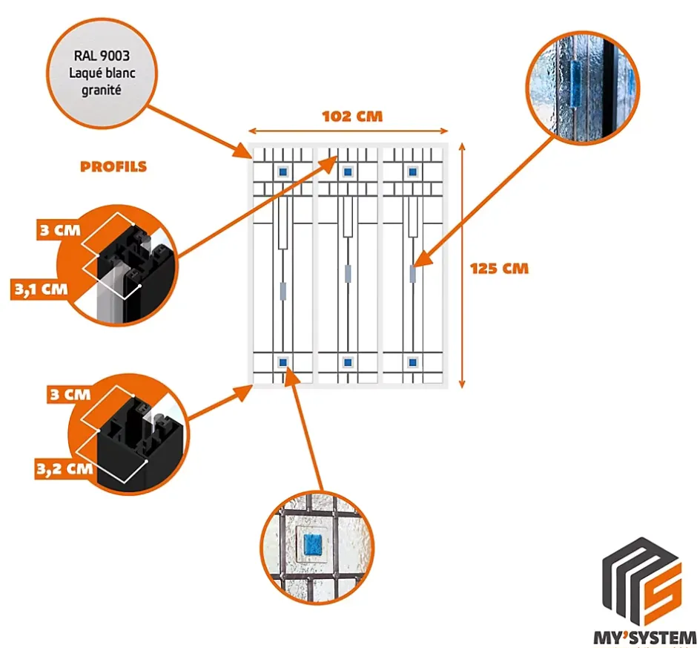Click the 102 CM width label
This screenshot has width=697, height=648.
coord(352,117)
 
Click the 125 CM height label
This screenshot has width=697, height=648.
coord(500,268)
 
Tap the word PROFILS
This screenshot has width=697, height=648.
coord(113,166)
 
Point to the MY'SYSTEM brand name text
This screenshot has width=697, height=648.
coord(648,636)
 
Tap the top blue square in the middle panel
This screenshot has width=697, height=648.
coord(347,172)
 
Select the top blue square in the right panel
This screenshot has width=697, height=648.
coord(412,172)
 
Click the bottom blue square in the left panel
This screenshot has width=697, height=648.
coord(283,362)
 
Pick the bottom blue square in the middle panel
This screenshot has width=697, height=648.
coord(347,362)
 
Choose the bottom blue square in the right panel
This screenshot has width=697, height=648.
coord(412,362)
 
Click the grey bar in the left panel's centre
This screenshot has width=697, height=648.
coord(283,289)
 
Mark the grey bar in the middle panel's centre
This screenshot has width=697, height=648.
coord(347,273)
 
